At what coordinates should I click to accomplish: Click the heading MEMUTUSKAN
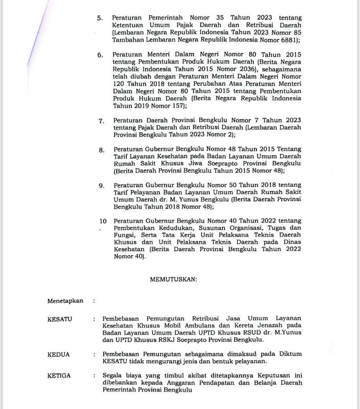click(x=173, y=279)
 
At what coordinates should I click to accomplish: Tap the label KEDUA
click(x=58, y=354)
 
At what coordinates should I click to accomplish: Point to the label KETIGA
click(x=59, y=375)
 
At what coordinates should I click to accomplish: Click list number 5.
click(x=100, y=19)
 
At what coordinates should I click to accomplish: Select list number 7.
click(x=101, y=121)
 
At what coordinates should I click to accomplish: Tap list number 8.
click(x=101, y=150)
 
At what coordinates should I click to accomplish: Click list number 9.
click(x=101, y=186)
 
